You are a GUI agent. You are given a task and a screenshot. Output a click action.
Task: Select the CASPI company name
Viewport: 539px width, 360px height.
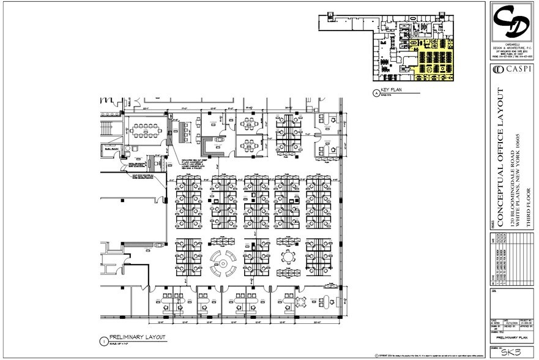(x=517, y=71)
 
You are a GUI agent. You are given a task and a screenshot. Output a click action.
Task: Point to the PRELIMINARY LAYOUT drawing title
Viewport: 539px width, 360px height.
(x=135, y=337)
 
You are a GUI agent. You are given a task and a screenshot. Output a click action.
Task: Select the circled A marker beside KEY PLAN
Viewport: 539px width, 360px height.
(x=375, y=93)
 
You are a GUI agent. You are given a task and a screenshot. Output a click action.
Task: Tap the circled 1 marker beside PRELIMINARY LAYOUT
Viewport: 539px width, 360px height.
(x=103, y=339)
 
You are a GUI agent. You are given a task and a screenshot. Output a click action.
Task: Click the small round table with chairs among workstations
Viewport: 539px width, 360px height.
(x=288, y=255)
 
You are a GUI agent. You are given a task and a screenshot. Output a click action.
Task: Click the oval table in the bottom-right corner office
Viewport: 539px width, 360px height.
(x=331, y=301)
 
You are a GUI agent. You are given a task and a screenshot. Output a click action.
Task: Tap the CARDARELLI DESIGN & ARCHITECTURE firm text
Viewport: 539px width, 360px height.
(x=513, y=48)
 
